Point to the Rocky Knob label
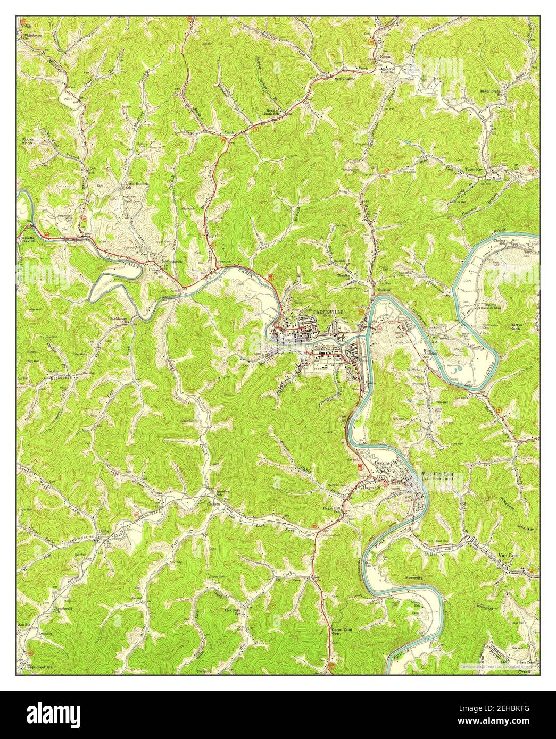(x=28, y=141)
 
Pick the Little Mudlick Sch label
(x=136, y=186)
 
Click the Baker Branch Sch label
(x=492, y=93)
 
